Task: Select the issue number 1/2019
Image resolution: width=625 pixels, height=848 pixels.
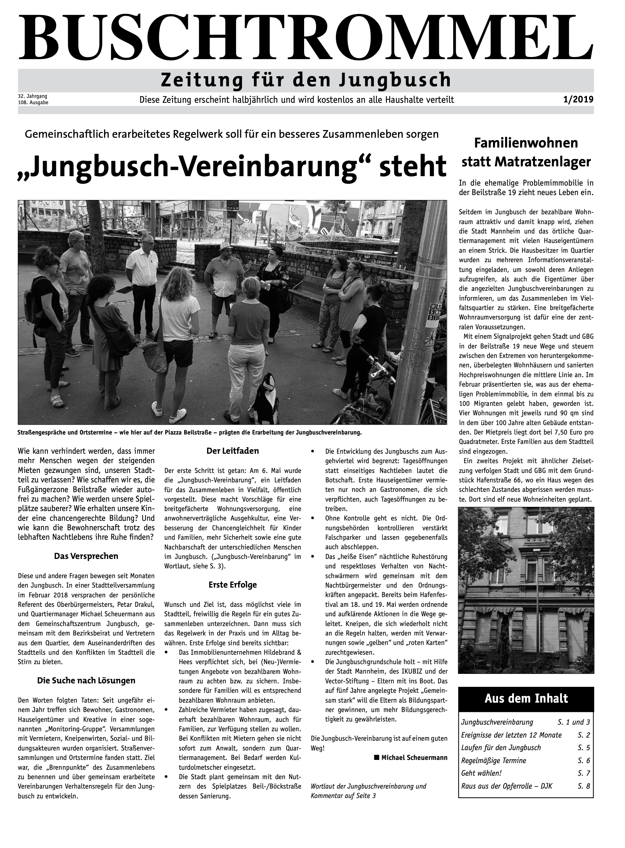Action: click(578, 100)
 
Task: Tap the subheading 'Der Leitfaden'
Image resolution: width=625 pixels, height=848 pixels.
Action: click(232, 451)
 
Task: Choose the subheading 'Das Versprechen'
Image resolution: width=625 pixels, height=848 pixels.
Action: click(86, 556)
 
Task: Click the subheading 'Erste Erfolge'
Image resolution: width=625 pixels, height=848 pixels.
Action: click(232, 584)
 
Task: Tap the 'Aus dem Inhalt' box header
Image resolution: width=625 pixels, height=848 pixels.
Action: click(526, 698)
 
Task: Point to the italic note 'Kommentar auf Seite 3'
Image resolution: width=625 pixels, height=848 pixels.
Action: click(343, 795)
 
